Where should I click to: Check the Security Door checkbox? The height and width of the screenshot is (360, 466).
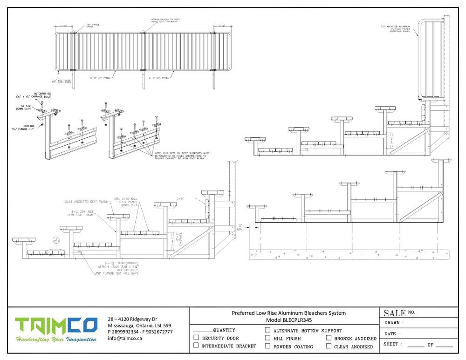[196, 338]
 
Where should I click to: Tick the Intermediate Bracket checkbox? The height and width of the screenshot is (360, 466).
[196, 346]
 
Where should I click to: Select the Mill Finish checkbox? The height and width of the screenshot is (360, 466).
[267, 338]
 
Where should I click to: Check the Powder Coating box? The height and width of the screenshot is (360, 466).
[267, 346]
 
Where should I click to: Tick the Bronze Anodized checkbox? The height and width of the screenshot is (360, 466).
[329, 338]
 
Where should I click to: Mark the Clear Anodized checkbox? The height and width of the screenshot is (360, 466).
[329, 346]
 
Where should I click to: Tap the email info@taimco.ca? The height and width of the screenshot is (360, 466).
[125, 339]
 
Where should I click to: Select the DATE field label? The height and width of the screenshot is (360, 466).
[391, 334]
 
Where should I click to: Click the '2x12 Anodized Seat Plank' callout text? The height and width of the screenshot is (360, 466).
[87, 202]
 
